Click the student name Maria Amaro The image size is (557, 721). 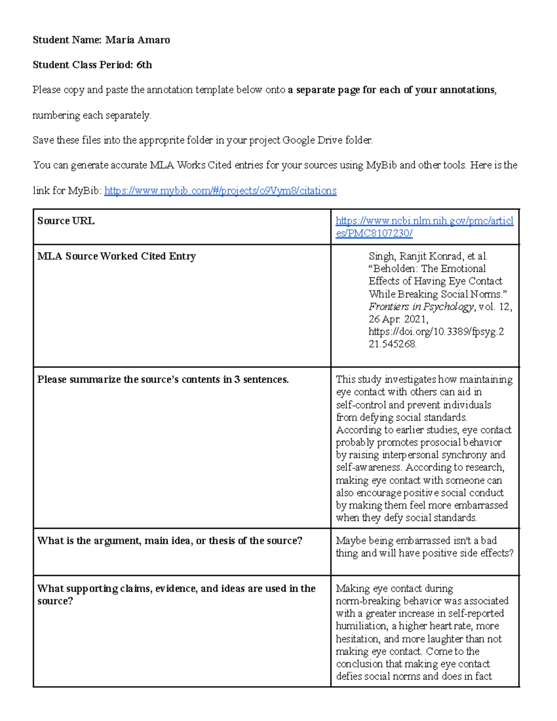137,40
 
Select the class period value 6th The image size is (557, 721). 144,65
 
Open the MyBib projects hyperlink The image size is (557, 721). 220,190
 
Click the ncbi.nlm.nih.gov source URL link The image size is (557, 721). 424,227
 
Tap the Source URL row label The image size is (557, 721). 65,221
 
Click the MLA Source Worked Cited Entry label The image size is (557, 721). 117,256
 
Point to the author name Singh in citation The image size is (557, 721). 382,256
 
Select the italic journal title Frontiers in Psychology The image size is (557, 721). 421,306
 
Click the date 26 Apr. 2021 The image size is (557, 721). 398,319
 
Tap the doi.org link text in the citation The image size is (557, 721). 435,332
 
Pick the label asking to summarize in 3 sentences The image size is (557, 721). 163,379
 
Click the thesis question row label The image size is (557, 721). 169,540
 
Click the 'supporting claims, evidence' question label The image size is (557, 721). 176,589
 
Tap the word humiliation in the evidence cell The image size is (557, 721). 361,626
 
